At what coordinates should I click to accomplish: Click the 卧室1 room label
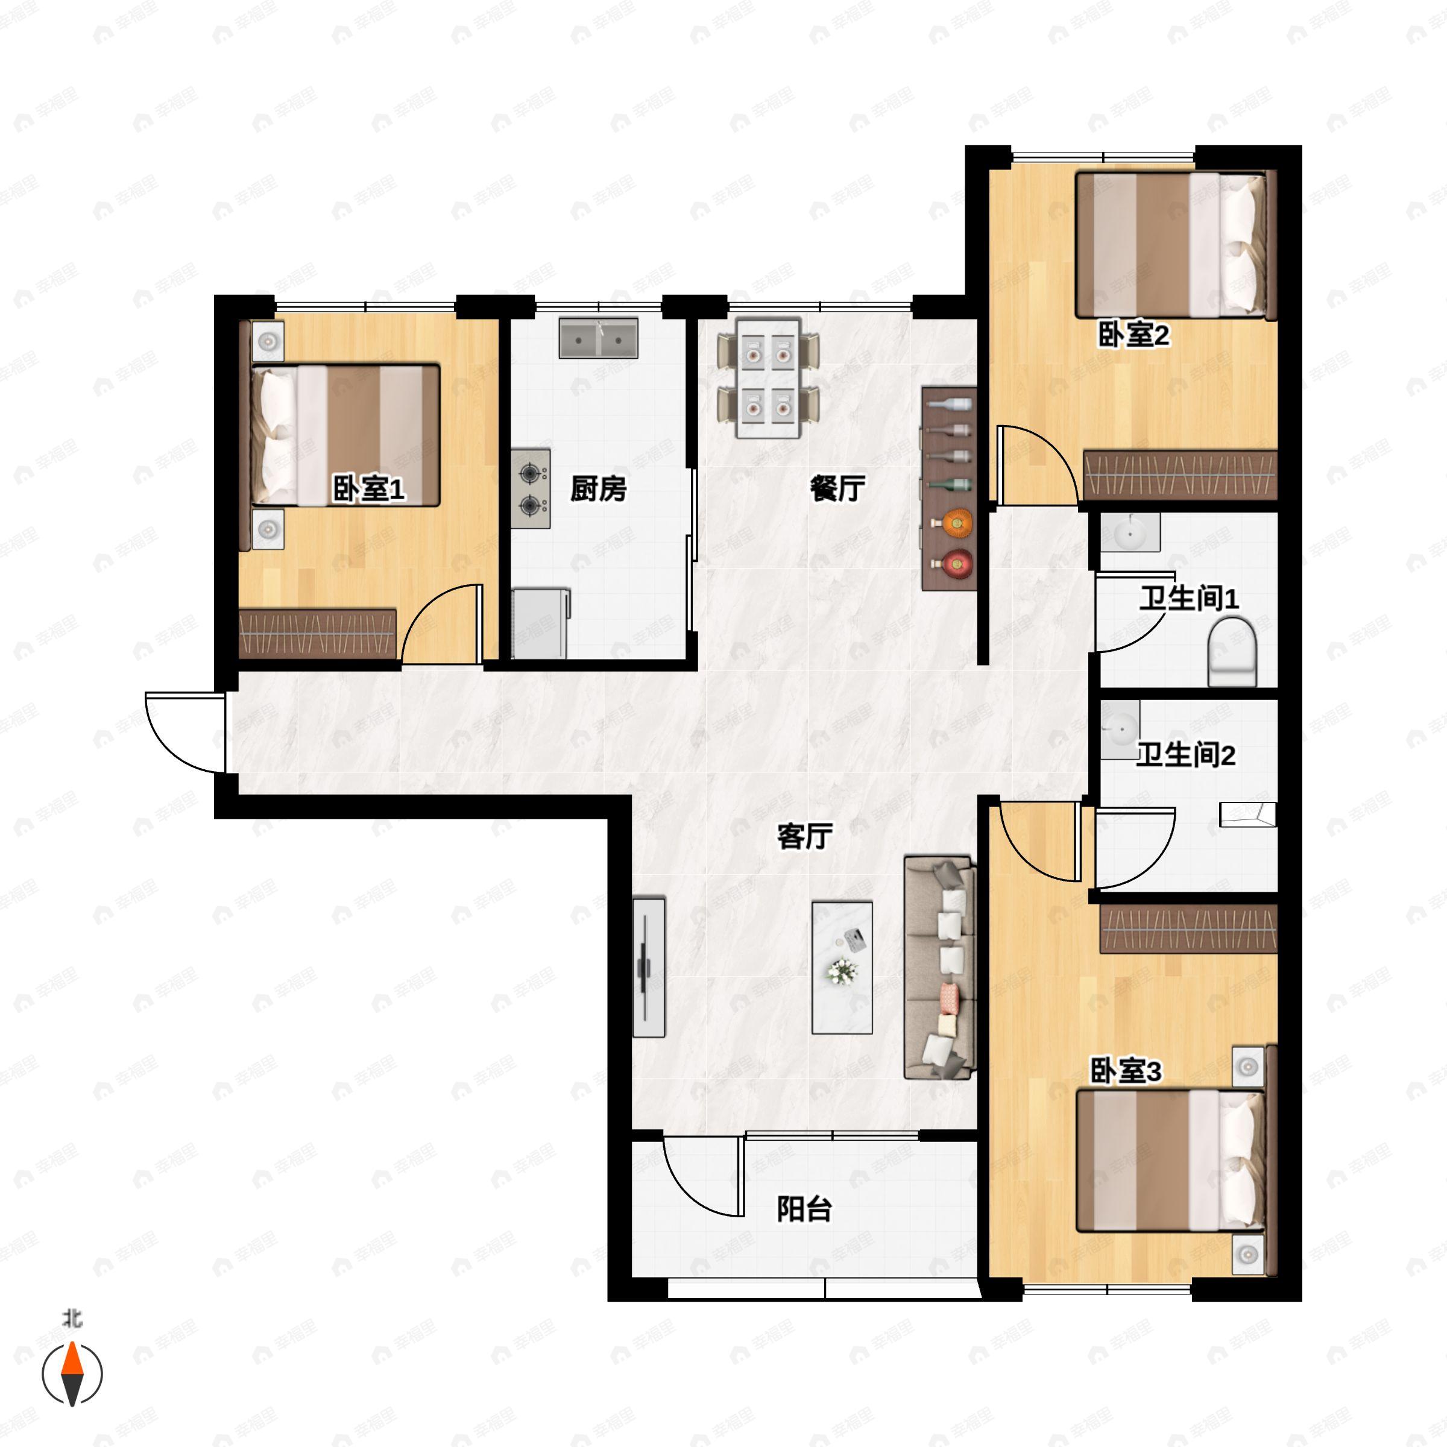point(368,490)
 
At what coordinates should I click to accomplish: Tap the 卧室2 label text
point(1133,335)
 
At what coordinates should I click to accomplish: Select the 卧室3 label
point(1125,1072)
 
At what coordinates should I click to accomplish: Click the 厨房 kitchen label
point(597,489)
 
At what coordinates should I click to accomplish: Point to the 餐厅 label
point(837,489)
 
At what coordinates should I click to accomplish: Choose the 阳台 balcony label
point(804,1209)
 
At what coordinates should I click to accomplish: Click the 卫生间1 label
point(1188,599)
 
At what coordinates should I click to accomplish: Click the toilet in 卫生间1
point(1232,652)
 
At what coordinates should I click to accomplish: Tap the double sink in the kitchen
point(597,338)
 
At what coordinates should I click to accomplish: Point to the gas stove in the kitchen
point(531,489)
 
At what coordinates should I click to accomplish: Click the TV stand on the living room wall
point(649,967)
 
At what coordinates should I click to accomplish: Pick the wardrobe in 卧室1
point(317,634)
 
